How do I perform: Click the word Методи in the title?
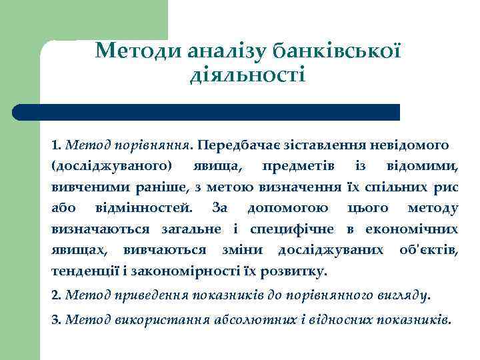133,51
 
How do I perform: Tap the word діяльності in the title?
247,74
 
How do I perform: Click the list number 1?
55,144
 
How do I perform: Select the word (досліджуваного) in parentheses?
111,165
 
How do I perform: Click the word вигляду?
401,293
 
